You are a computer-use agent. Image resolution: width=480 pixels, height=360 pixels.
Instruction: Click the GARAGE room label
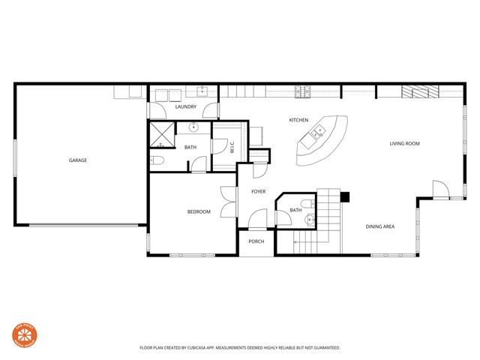[x=78, y=160]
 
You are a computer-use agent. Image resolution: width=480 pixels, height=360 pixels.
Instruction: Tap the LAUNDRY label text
[x=185, y=107]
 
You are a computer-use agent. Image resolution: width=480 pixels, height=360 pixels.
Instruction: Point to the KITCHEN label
[x=299, y=120]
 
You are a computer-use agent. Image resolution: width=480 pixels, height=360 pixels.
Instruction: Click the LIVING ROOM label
[x=404, y=143]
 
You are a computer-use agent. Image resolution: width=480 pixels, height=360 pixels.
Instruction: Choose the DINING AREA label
[x=380, y=226]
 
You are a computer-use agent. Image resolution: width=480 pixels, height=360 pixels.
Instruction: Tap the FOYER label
[x=258, y=191]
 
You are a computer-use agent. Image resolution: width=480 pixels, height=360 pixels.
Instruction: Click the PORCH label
[x=256, y=241]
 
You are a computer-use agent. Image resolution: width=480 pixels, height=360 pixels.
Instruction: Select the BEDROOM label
[x=199, y=211]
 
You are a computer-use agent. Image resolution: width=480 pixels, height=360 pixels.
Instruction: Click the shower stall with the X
[x=162, y=136]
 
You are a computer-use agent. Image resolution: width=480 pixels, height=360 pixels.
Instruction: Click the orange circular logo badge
[x=25, y=336]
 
